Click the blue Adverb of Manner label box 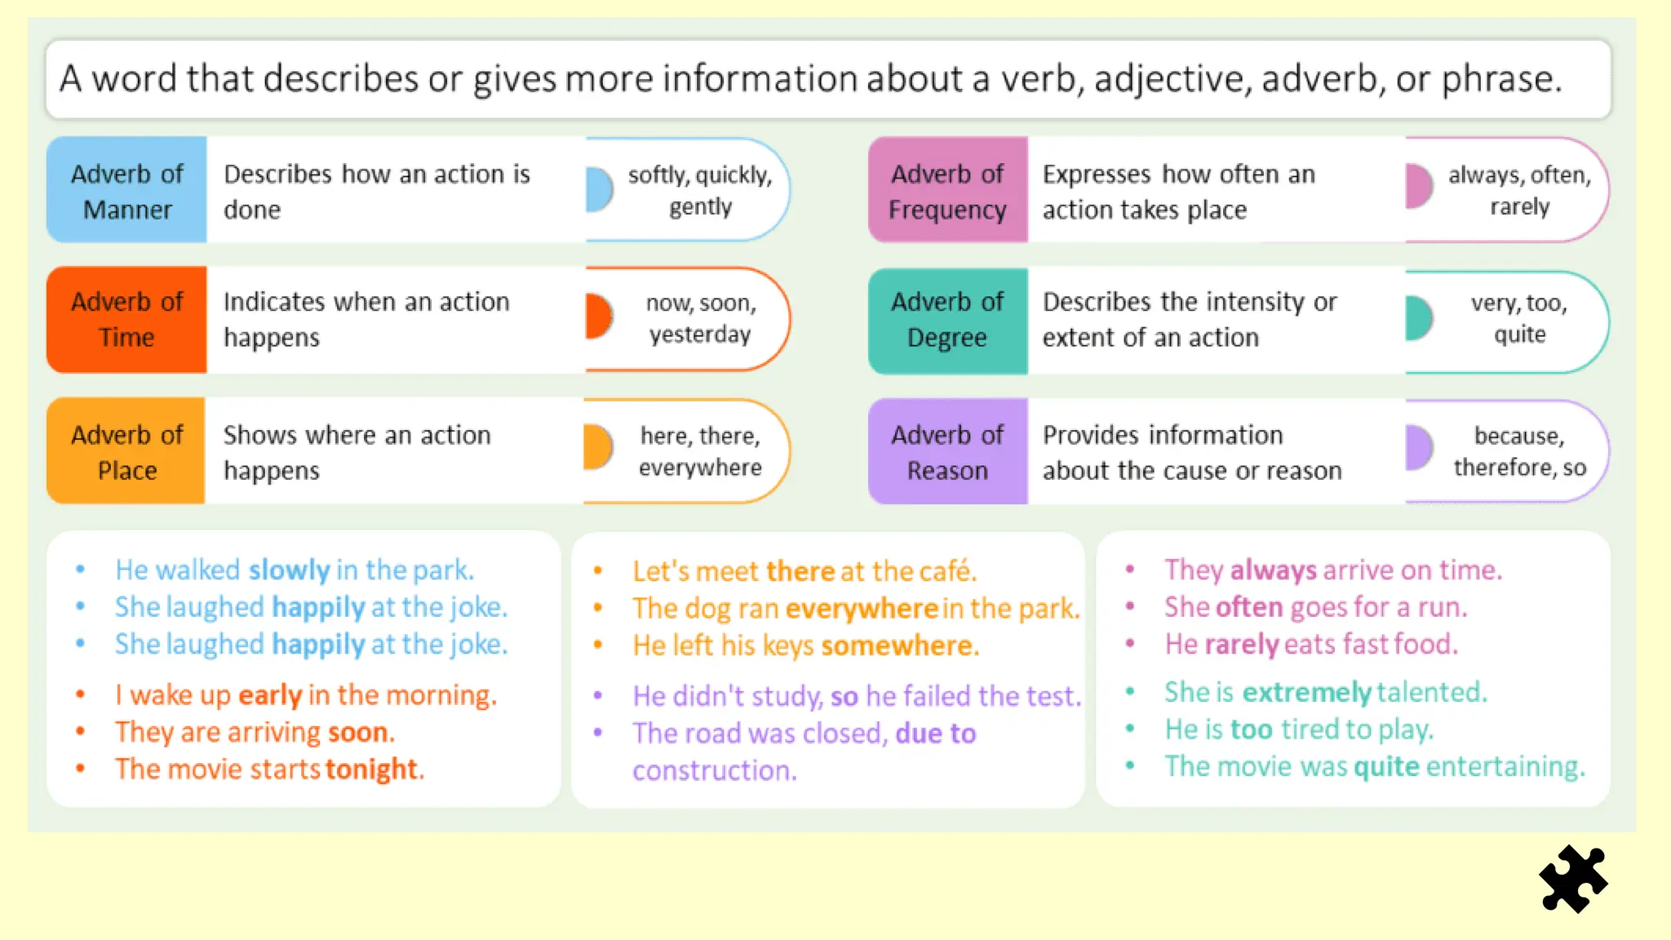(127, 190)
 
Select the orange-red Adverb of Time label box (127, 319)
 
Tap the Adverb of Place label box (126, 451)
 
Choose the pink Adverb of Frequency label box (947, 190)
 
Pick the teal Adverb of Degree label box (947, 319)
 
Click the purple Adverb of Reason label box (947, 451)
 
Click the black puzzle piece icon (1573, 879)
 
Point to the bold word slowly (289, 570)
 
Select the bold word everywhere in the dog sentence (862, 609)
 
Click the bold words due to (935, 733)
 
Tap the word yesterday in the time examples (700, 335)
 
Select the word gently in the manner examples (700, 207)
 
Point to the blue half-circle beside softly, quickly (600, 189)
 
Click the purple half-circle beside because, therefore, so (1420, 447)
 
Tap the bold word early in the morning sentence (270, 695)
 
